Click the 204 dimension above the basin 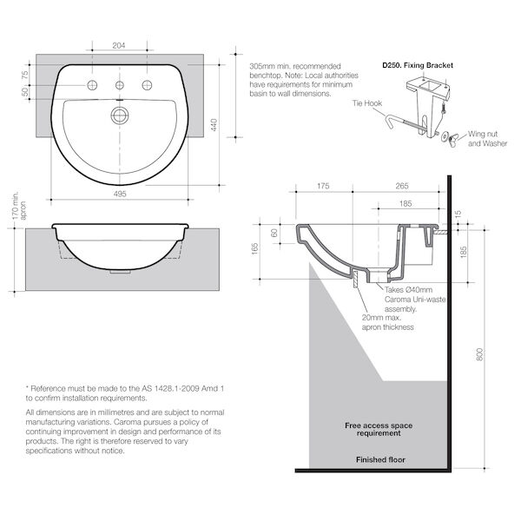[x=120, y=45]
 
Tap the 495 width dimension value [x=120, y=195]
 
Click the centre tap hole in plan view [x=120, y=85]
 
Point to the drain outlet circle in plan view [x=120, y=114]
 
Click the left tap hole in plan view [x=93, y=85]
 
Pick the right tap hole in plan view [x=147, y=85]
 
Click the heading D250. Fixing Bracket [x=417, y=65]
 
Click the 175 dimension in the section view [x=323, y=185]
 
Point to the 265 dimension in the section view [x=401, y=185]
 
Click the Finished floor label [x=380, y=459]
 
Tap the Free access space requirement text [x=379, y=431]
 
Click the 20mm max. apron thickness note [x=387, y=322]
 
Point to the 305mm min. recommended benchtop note [x=294, y=80]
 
